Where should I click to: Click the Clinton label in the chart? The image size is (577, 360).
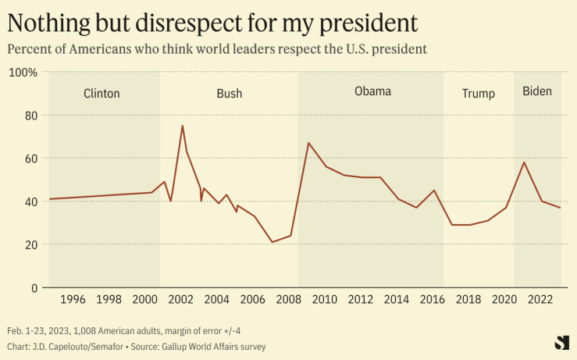[102, 94]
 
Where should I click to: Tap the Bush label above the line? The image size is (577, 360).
[229, 94]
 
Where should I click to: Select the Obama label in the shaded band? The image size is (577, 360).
[372, 91]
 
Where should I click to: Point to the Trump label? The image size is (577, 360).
[478, 94]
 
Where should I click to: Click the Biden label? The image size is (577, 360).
[536, 91]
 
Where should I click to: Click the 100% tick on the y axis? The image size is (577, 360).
[23, 73]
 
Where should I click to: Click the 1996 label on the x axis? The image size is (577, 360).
[72, 300]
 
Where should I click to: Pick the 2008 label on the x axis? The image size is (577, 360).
[288, 300]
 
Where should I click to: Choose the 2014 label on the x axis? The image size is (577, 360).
[397, 300]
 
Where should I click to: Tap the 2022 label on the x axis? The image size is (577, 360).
[540, 300]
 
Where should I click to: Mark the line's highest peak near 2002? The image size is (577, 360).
[183, 126]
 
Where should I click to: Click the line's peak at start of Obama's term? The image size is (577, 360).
[308, 143]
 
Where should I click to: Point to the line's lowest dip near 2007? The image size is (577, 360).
[272, 242]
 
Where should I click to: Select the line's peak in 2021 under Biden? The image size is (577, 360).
[524, 162]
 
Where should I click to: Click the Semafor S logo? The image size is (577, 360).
[561, 341]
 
